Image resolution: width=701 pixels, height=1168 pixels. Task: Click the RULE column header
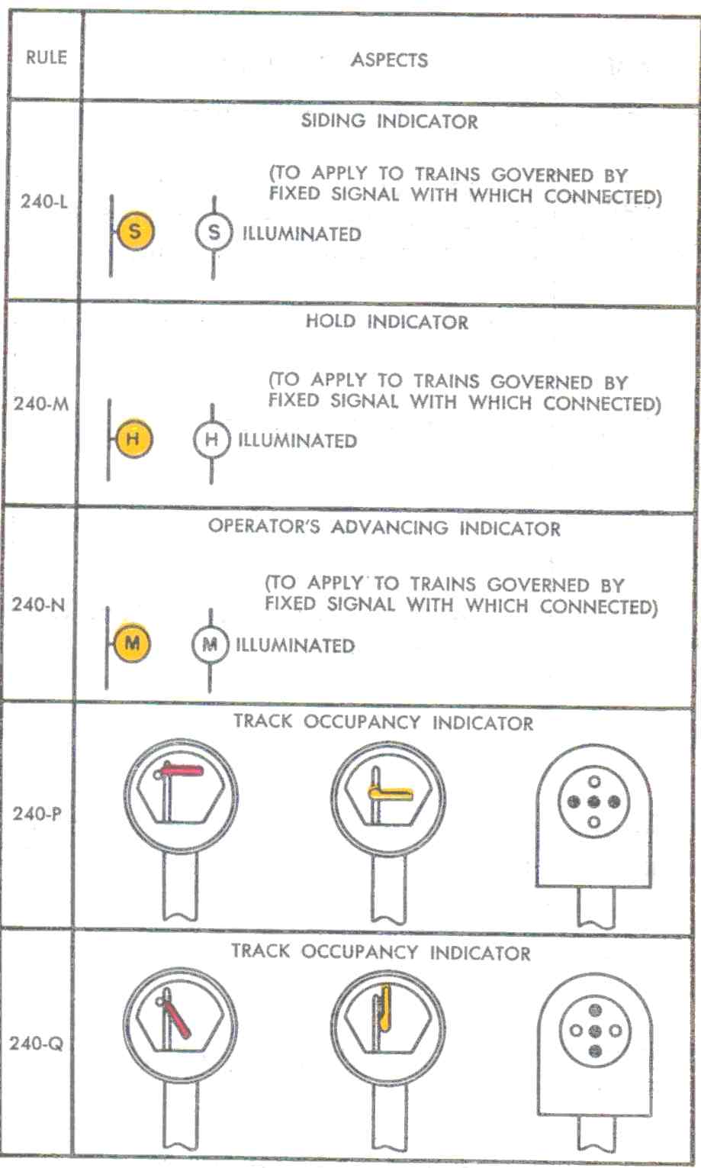pyautogui.click(x=46, y=57)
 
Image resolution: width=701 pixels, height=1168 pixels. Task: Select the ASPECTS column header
pyautogui.click(x=389, y=60)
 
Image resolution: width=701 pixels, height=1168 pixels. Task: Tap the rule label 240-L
pyautogui.click(x=43, y=202)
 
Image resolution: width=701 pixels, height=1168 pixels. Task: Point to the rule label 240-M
pyautogui.click(x=40, y=403)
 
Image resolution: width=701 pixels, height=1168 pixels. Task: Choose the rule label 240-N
pyautogui.click(x=38, y=605)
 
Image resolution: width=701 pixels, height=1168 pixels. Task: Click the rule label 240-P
pyautogui.click(x=37, y=813)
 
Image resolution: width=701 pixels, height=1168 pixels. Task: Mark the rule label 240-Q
pyautogui.click(x=35, y=1043)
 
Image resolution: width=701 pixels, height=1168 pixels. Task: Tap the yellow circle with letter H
pyautogui.click(x=133, y=439)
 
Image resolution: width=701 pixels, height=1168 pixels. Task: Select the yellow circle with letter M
pyautogui.click(x=131, y=643)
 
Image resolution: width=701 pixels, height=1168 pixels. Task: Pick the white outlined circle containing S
pyautogui.click(x=214, y=232)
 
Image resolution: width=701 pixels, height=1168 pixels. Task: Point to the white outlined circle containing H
pyautogui.click(x=211, y=440)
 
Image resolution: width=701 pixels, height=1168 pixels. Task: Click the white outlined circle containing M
pyautogui.click(x=210, y=644)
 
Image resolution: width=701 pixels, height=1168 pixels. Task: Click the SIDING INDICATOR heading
pyautogui.click(x=389, y=121)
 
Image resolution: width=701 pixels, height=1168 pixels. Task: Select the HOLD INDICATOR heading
pyautogui.click(x=387, y=321)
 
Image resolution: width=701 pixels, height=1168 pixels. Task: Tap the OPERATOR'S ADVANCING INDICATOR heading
pyautogui.click(x=384, y=528)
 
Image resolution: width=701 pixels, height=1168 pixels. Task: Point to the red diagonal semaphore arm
pyautogui.click(x=178, y=1021)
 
